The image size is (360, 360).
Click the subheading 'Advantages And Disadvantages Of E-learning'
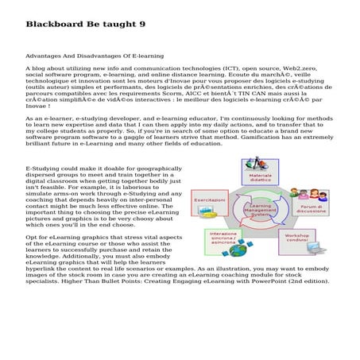(95, 56)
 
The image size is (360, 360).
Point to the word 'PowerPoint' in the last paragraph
(273, 281)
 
